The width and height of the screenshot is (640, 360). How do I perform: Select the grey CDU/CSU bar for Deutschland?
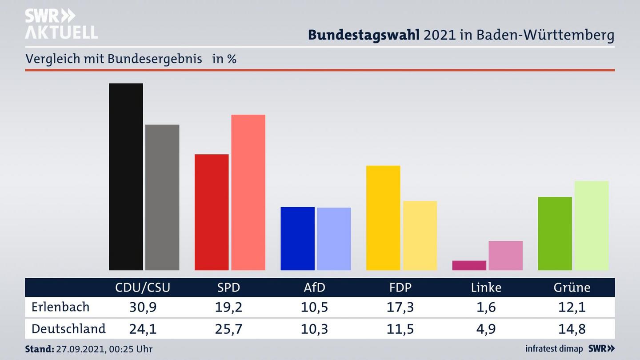(162, 197)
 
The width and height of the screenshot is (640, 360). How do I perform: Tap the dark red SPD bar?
(212, 212)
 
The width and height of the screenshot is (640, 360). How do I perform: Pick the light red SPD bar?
(248, 192)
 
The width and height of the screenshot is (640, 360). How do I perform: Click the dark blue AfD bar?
(297, 238)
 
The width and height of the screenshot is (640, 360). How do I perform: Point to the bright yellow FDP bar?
(383, 218)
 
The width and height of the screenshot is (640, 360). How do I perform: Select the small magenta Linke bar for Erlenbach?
(469, 265)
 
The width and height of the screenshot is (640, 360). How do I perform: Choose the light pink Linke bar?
(505, 256)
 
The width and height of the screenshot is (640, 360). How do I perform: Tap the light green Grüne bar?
(591, 225)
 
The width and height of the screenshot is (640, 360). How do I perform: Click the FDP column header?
(400, 288)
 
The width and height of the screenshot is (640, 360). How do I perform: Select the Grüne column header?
(572, 288)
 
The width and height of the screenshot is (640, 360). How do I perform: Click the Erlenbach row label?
(60, 307)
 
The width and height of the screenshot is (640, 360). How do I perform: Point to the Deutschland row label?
(68, 329)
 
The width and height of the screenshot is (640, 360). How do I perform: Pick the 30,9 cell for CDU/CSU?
(143, 307)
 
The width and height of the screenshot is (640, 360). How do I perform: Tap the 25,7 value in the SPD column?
(228, 329)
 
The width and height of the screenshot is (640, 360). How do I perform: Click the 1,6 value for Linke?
(486, 307)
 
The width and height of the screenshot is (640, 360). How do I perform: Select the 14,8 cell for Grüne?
(572, 329)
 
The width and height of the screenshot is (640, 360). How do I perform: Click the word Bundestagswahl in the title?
(364, 35)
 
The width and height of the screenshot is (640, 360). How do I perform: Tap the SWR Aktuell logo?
(61, 24)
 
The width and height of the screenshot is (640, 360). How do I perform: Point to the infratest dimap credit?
(554, 349)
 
